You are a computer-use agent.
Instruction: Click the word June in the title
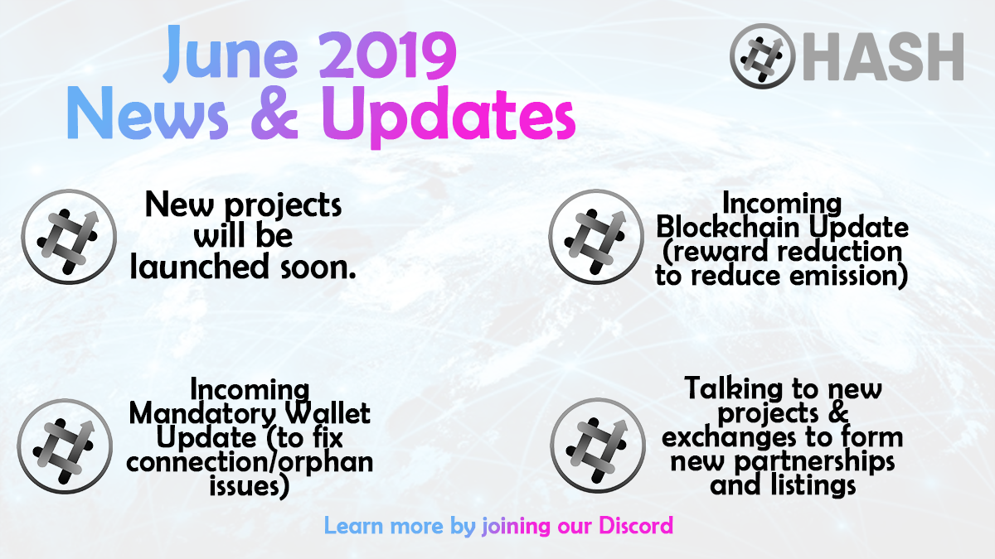pyautogui.click(x=231, y=54)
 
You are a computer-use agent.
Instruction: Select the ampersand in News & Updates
pyautogui.click(x=274, y=113)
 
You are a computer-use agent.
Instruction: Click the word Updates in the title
pyautogui.click(x=449, y=116)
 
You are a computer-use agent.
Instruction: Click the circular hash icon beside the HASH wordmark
pyautogui.click(x=763, y=56)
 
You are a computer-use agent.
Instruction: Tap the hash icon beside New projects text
pyautogui.click(x=69, y=237)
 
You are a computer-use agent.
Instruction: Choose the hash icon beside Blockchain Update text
pyautogui.click(x=596, y=237)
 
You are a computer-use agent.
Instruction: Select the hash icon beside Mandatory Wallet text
pyautogui.click(x=65, y=446)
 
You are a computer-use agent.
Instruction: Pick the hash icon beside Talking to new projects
pyautogui.click(x=598, y=445)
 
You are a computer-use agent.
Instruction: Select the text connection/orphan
pyautogui.click(x=250, y=462)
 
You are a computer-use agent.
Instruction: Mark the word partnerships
pyautogui.click(x=814, y=462)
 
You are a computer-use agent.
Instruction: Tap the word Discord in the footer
pyautogui.click(x=636, y=526)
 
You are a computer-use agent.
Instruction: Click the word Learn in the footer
pyautogui.click(x=353, y=526)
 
